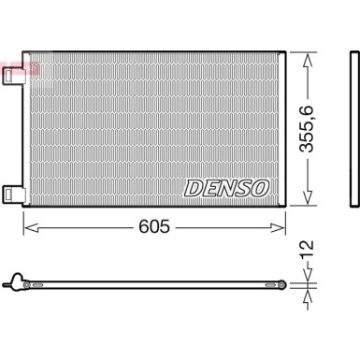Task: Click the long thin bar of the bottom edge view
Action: point(150,283)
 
